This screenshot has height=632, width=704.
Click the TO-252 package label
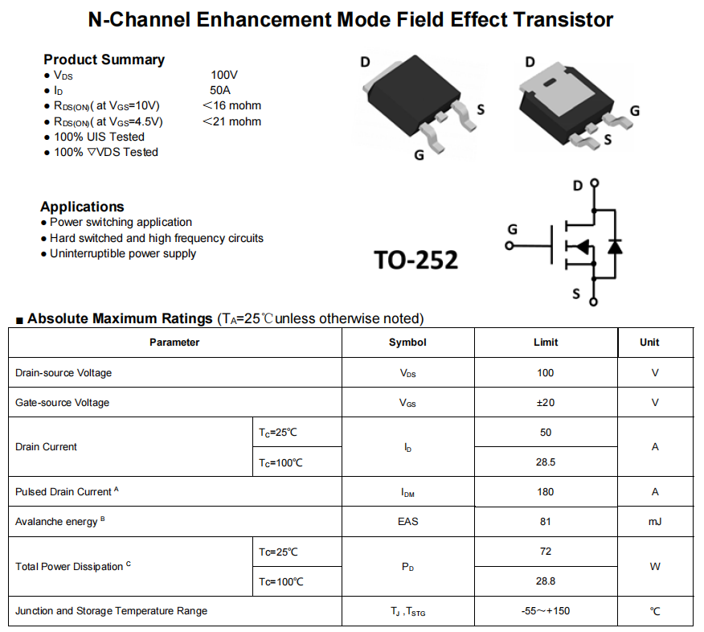click(x=415, y=260)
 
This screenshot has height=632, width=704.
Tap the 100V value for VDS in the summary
click(x=224, y=75)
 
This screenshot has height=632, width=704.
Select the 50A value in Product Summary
click(x=220, y=90)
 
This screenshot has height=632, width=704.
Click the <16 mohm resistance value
click(x=231, y=105)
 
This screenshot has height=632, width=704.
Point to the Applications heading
click(x=82, y=207)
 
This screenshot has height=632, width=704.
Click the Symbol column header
click(x=407, y=343)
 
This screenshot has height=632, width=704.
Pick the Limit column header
click(x=546, y=343)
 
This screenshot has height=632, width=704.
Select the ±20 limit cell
click(x=546, y=403)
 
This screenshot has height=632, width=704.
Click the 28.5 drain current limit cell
click(x=546, y=462)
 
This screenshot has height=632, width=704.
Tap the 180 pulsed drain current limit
click(x=546, y=492)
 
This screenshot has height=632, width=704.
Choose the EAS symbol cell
click(x=407, y=522)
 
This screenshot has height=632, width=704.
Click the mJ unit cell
click(x=655, y=522)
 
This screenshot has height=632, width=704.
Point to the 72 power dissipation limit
click(x=546, y=551)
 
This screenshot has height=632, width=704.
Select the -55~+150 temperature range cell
click(x=546, y=611)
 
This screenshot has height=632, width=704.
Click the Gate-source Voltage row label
click(x=63, y=403)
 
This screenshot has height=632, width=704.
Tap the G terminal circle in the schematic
click(x=510, y=246)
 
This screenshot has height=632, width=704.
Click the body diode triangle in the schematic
click(x=615, y=247)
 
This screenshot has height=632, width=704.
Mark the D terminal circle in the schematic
click(x=595, y=183)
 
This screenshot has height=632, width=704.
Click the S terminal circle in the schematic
click(x=594, y=302)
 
